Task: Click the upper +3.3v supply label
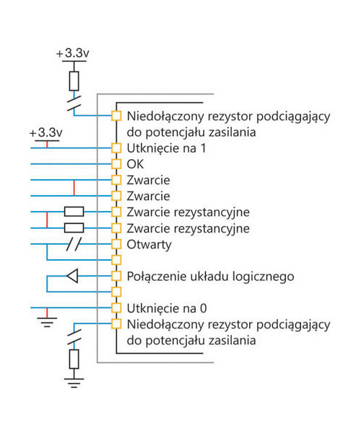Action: pos(73,53)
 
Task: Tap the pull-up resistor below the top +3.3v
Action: pos(74,81)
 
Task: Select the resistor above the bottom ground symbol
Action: pos(74,359)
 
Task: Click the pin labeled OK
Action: pos(116,164)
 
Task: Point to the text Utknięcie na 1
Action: pos(166,148)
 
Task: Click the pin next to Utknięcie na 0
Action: pos(116,307)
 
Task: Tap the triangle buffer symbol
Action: pos(73,276)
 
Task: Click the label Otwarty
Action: pos(149,245)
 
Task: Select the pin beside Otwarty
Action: pos(116,244)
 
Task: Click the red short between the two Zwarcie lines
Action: pos(74,188)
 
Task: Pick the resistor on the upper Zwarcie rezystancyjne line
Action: pos(74,212)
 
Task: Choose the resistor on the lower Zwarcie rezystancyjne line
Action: pos(74,228)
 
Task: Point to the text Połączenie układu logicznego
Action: pos(210,276)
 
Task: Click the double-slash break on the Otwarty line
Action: pos(74,244)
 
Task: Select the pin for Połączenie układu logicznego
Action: pos(116,276)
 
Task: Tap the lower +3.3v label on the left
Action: pos(46,132)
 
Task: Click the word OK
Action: pos(135,164)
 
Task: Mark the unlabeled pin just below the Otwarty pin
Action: pos(116,260)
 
